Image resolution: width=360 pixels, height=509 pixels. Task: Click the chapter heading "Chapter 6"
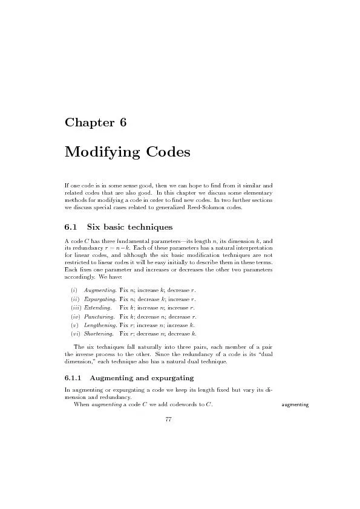tap(95, 122)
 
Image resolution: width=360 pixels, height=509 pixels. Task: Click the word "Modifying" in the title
tap(101, 152)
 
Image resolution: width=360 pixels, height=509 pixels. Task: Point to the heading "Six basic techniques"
tap(130, 227)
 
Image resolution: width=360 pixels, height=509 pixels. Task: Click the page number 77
tap(169, 421)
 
